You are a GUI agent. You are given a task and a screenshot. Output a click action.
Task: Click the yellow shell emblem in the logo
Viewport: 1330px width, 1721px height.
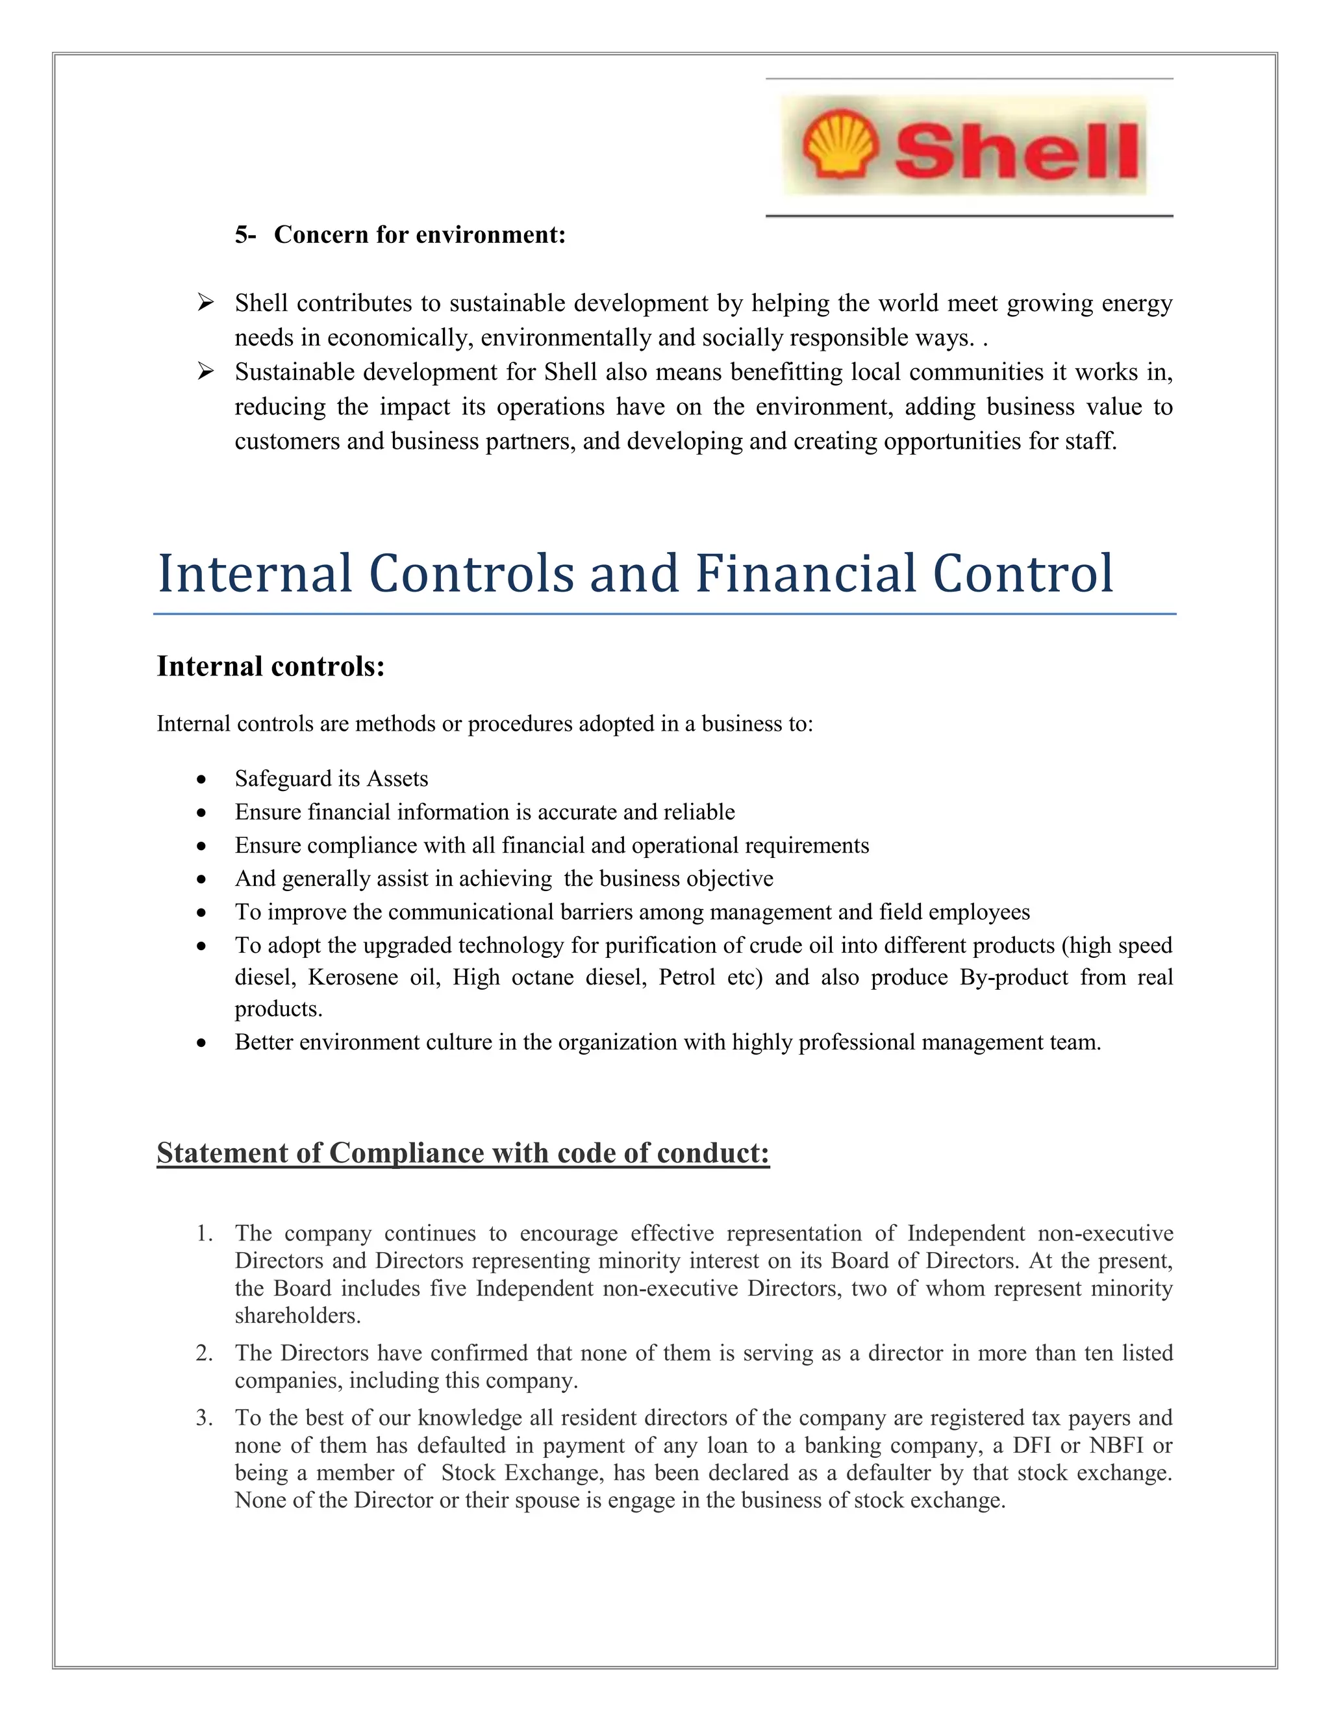tap(839, 144)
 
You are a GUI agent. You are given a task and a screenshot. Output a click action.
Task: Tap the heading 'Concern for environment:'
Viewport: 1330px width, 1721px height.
tap(419, 235)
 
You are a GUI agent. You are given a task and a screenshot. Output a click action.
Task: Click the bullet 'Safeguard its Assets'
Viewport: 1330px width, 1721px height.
tap(331, 779)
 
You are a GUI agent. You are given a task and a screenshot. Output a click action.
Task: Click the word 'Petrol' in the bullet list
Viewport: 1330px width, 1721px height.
tap(686, 977)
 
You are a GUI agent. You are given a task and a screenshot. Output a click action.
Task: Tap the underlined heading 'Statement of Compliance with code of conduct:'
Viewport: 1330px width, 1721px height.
tap(462, 1153)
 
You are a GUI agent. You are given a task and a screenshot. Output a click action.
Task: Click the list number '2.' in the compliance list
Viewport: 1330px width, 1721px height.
tap(205, 1353)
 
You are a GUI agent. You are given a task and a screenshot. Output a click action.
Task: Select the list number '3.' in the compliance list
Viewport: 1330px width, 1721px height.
tap(205, 1418)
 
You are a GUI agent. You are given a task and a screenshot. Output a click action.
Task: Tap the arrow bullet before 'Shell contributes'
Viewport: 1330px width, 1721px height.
tap(206, 303)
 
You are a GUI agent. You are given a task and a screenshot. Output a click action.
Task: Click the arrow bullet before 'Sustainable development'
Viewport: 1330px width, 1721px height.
tap(206, 371)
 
